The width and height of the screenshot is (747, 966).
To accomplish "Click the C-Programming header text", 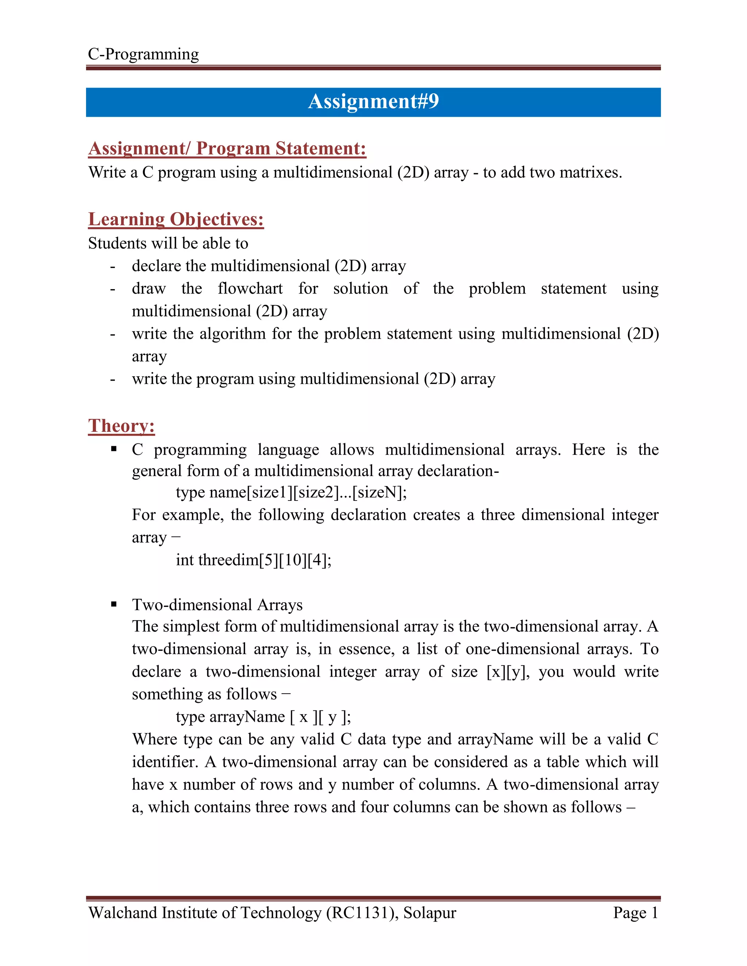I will (x=143, y=54).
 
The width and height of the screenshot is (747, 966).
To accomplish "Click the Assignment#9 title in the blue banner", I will (x=373, y=101).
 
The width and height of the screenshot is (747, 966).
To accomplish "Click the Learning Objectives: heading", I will (x=176, y=219).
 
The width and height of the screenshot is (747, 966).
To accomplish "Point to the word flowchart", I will (x=250, y=288).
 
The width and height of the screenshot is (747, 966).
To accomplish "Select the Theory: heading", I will (x=121, y=425).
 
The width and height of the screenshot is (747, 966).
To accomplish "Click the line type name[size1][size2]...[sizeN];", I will (x=291, y=492).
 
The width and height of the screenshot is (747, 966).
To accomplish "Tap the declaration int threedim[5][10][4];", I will (x=253, y=560).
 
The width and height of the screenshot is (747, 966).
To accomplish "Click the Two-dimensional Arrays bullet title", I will (x=217, y=605).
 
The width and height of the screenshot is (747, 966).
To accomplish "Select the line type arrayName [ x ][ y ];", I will (x=263, y=717).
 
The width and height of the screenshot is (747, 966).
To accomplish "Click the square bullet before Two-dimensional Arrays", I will (x=114, y=604).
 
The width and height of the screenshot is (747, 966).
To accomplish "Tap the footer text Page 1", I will (x=635, y=913).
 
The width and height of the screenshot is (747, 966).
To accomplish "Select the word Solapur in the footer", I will (x=429, y=913).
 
